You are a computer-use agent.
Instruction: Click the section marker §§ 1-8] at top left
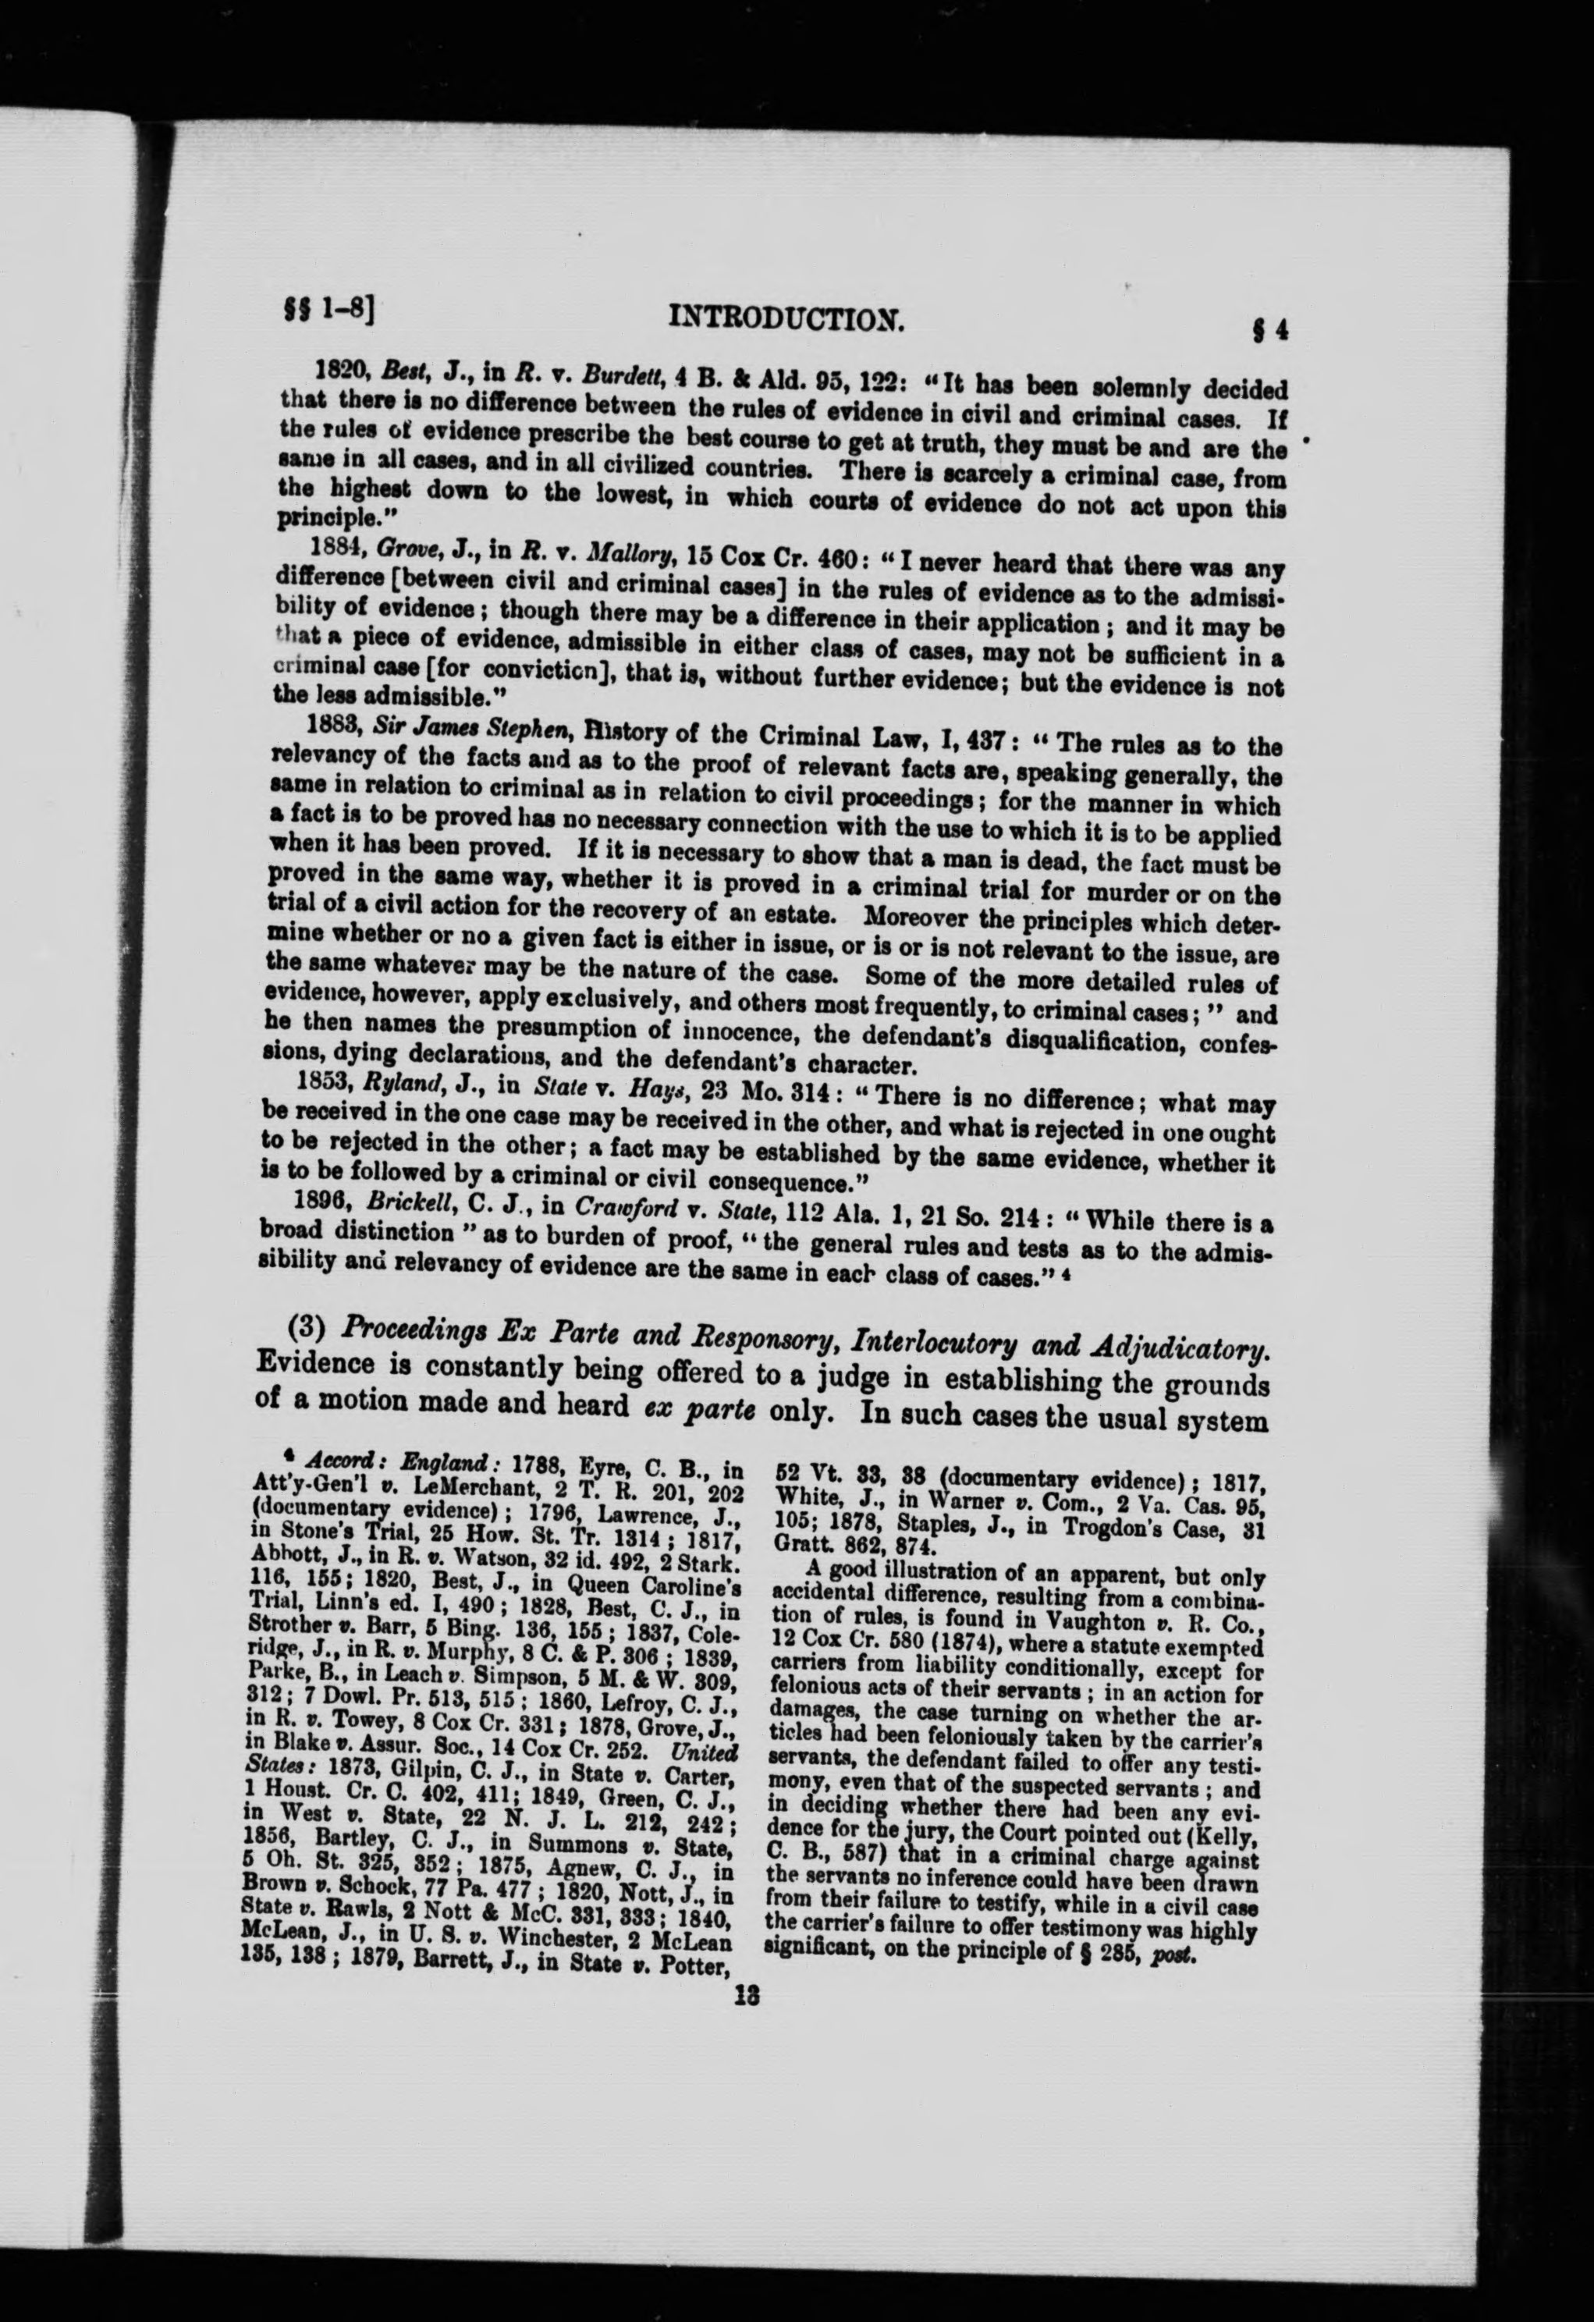tap(323, 313)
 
